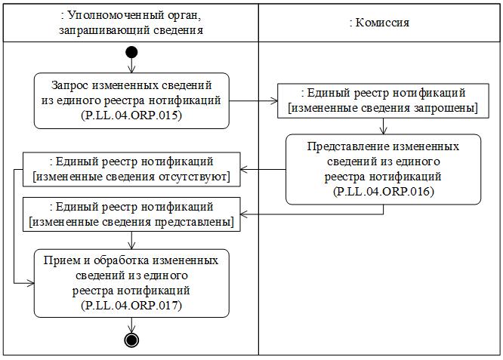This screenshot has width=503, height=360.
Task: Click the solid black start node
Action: (x=131, y=52)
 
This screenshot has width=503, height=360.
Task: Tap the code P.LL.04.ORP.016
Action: (x=383, y=192)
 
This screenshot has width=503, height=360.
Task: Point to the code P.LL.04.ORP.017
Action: (x=131, y=305)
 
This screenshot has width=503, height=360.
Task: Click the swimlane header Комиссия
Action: (x=380, y=23)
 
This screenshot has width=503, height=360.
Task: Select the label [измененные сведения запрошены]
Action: (x=383, y=108)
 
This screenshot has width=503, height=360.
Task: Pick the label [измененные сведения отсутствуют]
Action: (x=131, y=177)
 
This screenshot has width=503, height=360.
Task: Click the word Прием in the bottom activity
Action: (x=61, y=260)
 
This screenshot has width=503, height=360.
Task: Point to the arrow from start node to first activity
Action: (x=131, y=66)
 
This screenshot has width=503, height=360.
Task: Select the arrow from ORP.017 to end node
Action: (x=131, y=325)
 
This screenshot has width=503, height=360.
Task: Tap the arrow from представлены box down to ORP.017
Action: (x=131, y=240)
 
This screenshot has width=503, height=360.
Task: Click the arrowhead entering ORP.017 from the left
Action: (x=30, y=283)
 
